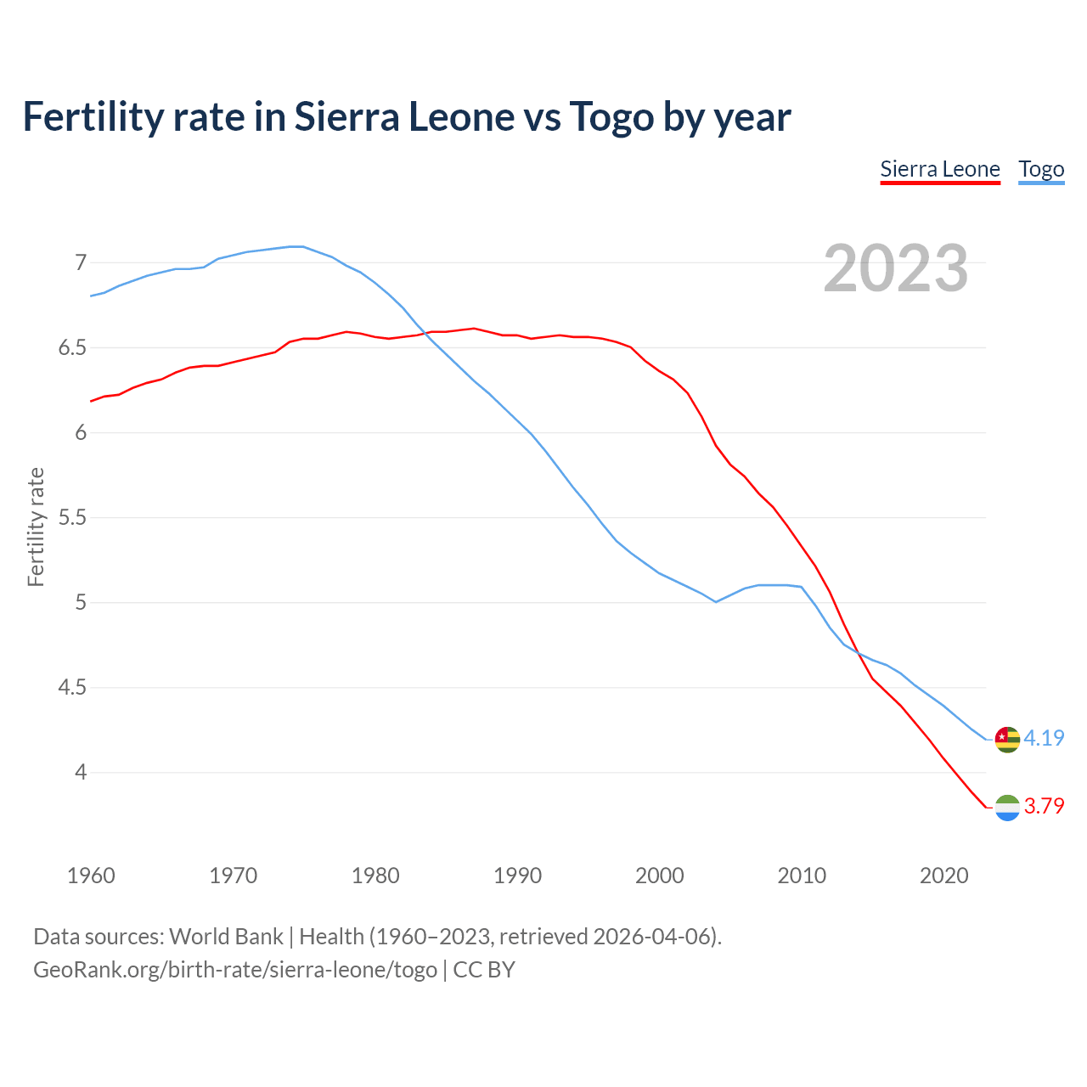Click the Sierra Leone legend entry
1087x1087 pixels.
(939, 169)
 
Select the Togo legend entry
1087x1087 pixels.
(1041, 169)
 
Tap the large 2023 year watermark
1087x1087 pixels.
(895, 268)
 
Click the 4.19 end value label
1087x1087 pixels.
(1044, 738)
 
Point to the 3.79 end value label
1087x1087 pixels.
(1044, 806)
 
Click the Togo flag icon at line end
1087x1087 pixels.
(1007, 739)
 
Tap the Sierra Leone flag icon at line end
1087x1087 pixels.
(1007, 808)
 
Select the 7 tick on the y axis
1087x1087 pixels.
(81, 262)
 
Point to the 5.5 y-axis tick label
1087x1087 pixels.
(72, 517)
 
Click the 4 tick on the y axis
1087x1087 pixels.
(81, 772)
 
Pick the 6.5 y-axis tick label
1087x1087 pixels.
(72, 347)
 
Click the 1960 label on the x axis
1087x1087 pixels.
(91, 876)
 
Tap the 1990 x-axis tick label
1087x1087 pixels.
(517, 876)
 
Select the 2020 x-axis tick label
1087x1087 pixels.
(943, 876)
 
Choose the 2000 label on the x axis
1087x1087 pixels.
(659, 876)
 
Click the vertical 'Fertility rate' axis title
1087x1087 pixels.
(36, 527)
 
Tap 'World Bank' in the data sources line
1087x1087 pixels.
(226, 937)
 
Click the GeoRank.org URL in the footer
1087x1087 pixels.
(235, 970)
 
